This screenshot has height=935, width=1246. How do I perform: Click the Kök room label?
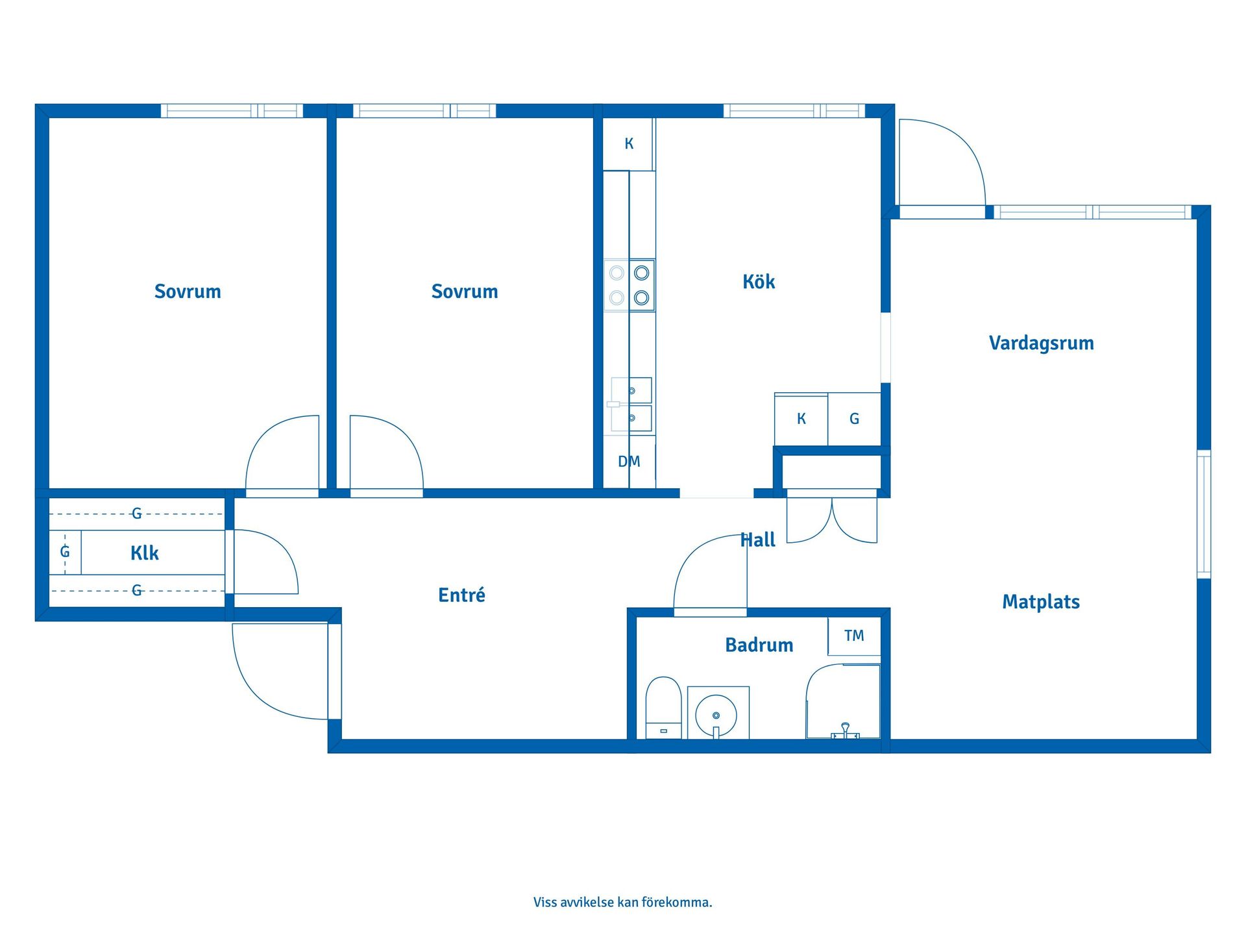click(x=759, y=282)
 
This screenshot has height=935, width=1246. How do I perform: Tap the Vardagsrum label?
click(x=1041, y=343)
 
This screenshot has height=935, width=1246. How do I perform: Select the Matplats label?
click(x=1041, y=602)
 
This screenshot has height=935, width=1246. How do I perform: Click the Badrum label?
click(x=759, y=645)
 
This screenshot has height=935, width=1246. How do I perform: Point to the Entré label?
click(x=461, y=595)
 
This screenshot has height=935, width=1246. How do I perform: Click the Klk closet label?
click(x=144, y=553)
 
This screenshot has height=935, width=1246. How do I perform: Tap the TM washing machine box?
click(x=854, y=636)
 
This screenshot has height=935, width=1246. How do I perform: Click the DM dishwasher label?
click(x=629, y=462)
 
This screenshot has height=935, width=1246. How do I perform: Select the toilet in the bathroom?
click(x=663, y=708)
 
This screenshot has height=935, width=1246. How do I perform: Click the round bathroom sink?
click(x=716, y=715)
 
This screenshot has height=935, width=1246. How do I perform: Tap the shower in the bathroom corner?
click(x=843, y=701)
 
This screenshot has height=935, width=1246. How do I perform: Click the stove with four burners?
click(x=629, y=286)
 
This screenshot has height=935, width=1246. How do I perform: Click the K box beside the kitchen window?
click(x=629, y=144)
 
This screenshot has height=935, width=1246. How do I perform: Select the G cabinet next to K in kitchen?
click(x=854, y=419)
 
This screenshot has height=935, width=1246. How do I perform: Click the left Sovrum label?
click(x=188, y=292)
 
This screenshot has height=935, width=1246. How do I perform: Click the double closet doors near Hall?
click(x=832, y=520)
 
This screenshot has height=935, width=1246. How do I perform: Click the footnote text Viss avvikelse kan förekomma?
click(x=623, y=902)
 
